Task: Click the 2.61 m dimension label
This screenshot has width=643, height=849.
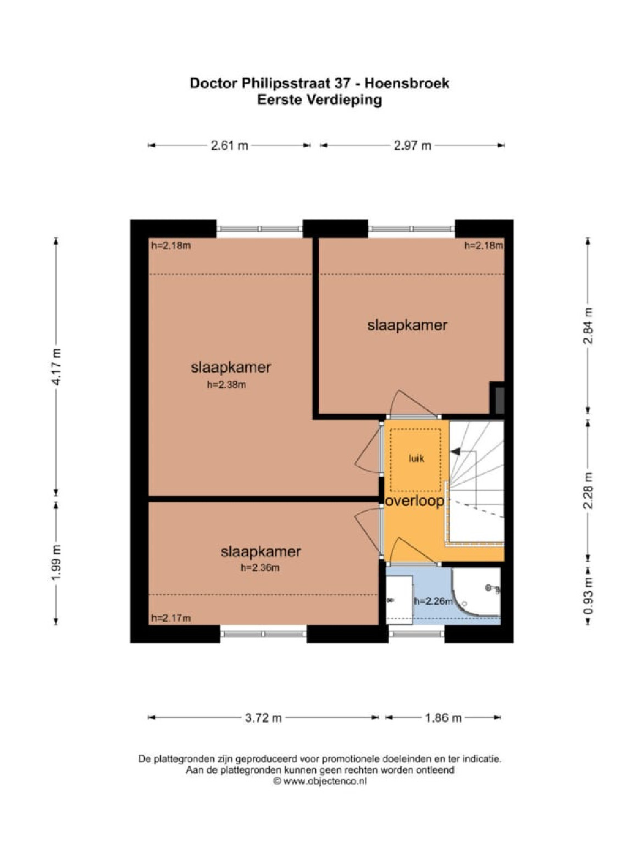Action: click(229, 146)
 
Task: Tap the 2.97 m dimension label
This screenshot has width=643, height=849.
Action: click(412, 146)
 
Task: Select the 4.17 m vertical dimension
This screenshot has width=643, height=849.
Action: click(57, 366)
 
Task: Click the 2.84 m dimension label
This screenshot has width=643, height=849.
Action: click(588, 326)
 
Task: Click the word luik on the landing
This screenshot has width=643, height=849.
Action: click(417, 459)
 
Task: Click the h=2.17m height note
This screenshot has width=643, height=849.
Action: click(171, 618)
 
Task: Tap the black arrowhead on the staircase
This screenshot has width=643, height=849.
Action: click(455, 451)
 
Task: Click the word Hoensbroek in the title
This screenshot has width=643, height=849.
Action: click(407, 83)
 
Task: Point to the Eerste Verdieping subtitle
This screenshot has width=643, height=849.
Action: click(320, 100)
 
